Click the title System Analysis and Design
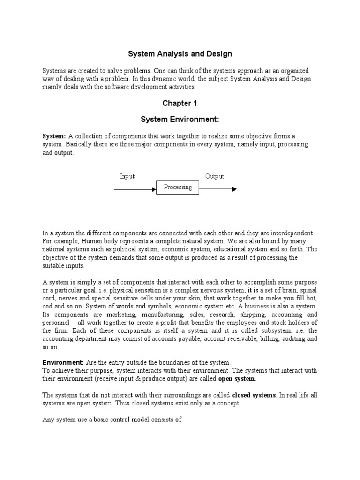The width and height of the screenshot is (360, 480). (x=180, y=54)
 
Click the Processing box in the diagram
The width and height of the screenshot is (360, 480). (x=178, y=187)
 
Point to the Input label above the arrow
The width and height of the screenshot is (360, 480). (x=127, y=176)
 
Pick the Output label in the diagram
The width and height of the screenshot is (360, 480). (x=214, y=176)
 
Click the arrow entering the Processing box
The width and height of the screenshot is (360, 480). (x=135, y=189)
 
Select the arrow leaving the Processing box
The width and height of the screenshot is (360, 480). (x=218, y=189)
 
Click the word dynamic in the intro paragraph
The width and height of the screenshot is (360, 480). (x=176, y=79)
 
